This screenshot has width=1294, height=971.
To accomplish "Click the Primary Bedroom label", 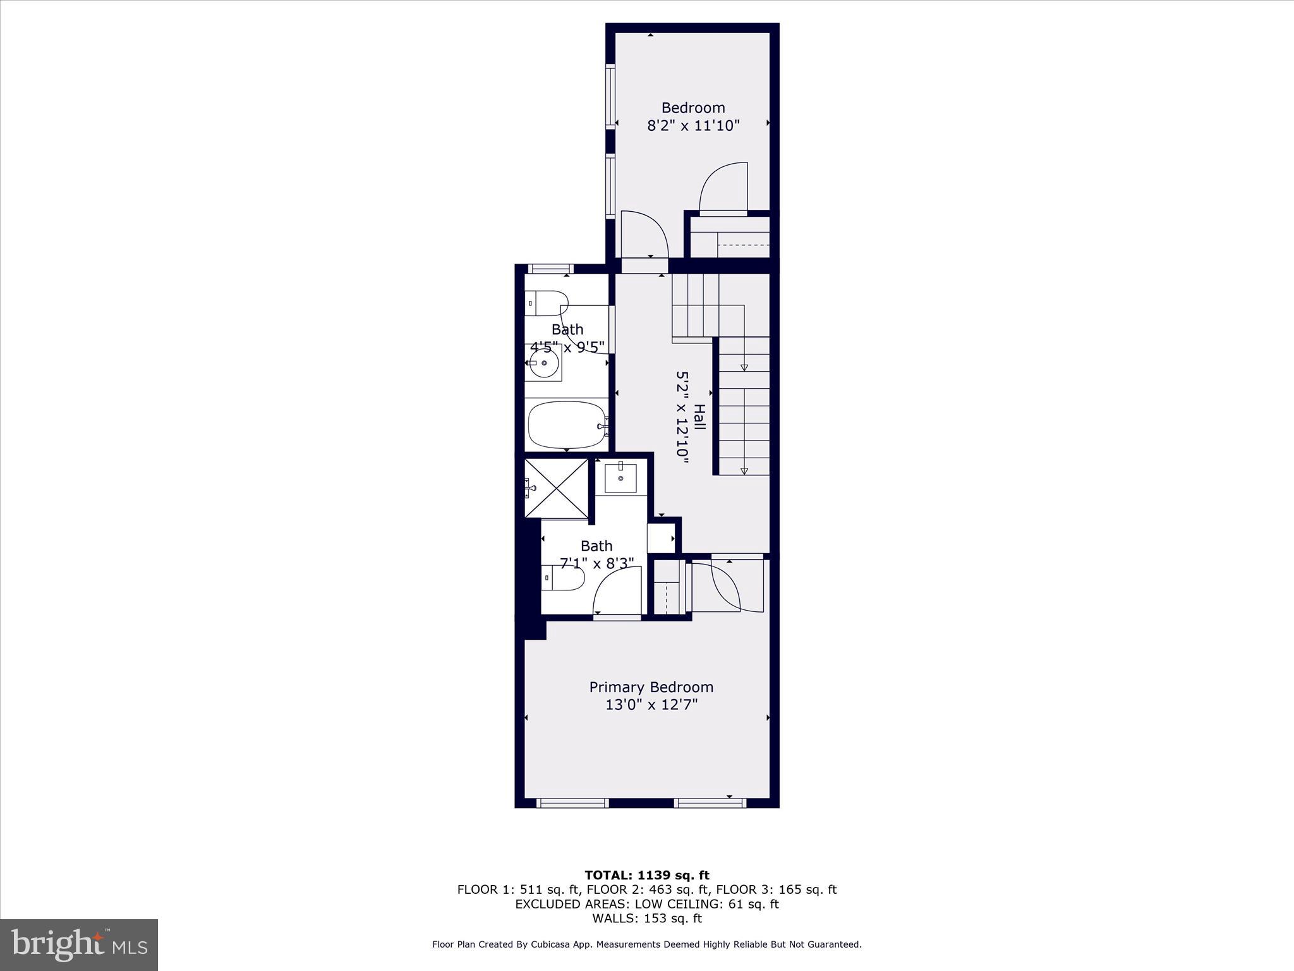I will coord(651,687).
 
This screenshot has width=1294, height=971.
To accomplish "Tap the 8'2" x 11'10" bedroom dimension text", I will coord(693,126).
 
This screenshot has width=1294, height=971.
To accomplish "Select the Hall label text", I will coord(699,417).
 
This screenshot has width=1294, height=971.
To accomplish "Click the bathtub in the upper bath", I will coord(566,425).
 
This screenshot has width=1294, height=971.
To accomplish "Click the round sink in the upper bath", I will coord(544,363).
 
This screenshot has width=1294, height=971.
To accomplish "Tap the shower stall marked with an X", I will coord(557,489).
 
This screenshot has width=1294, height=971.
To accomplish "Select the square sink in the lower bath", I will coord(620,477).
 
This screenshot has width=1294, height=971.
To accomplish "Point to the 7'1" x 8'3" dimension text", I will coord(596,563).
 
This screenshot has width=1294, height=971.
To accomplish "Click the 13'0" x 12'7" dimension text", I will coord(651,705).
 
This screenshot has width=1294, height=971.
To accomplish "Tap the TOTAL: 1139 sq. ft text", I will coord(646,876).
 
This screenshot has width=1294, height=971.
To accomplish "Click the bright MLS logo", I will coord(79,944).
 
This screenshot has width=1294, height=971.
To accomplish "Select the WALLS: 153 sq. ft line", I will coord(646,919).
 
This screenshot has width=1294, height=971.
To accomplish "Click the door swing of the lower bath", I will coord(616,591).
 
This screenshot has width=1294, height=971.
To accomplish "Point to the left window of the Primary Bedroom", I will coord(572,803).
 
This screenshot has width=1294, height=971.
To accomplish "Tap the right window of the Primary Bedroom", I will coord(710,803).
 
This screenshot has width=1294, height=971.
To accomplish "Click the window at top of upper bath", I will coord(550,269).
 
